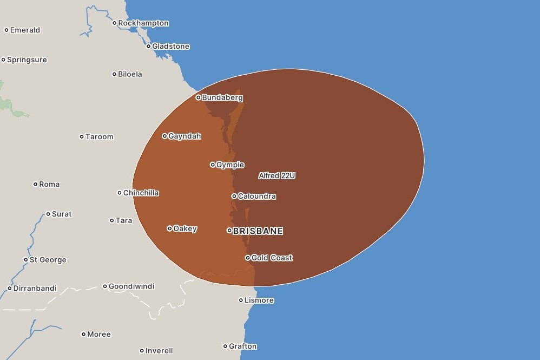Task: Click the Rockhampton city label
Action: [x=143, y=23]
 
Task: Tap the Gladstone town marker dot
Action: [x=148, y=47]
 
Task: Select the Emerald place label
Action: [x=25, y=30]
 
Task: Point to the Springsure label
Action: [x=27, y=60]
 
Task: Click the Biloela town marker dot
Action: [x=114, y=74]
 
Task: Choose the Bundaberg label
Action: [x=222, y=98]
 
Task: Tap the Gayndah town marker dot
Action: [x=165, y=136]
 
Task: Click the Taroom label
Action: [x=100, y=137]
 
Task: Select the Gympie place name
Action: [x=231, y=165]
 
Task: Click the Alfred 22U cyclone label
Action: [x=276, y=176]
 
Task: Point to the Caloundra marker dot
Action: [x=234, y=197]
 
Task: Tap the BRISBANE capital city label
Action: [x=258, y=231]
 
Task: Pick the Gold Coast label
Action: [x=272, y=258]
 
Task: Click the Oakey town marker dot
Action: [x=170, y=229]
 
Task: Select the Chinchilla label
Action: [x=141, y=193]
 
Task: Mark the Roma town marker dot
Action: [x=36, y=185]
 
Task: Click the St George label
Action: [x=48, y=260]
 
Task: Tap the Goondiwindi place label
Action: [x=131, y=286]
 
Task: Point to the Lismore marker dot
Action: [x=241, y=300]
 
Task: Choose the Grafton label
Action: [x=243, y=346]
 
